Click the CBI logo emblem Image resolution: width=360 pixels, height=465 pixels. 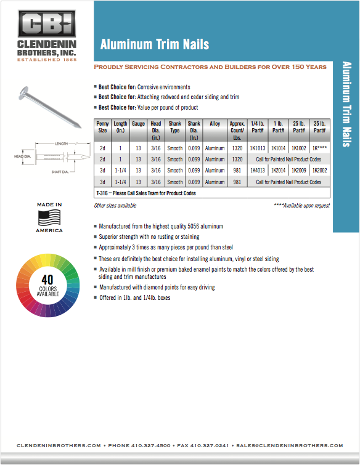[47, 24]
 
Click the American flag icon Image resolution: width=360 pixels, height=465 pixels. [49, 217]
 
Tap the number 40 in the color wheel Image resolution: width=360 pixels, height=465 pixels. [47, 280]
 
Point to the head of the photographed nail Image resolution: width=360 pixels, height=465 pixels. [23, 92]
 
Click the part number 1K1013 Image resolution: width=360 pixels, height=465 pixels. [258, 148]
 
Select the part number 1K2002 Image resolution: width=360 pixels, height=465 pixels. [320, 170]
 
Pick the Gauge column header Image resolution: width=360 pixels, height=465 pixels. [138, 123]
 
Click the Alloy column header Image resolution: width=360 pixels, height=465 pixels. [215, 123]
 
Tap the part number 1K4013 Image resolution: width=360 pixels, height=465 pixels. [258, 170]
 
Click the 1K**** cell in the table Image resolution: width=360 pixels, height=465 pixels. [320, 148]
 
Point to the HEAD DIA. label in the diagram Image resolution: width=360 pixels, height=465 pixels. [23, 156]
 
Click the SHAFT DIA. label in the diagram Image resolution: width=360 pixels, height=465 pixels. [60, 172]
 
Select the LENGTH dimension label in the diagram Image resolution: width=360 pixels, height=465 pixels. [62, 144]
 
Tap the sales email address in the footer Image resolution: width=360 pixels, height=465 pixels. [290, 445]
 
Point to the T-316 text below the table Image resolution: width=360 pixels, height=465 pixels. [102, 193]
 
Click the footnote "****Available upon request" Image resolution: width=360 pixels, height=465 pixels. [302, 206]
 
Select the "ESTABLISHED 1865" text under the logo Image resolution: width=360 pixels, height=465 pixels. [47, 60]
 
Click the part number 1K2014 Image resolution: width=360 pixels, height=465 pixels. [279, 170]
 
